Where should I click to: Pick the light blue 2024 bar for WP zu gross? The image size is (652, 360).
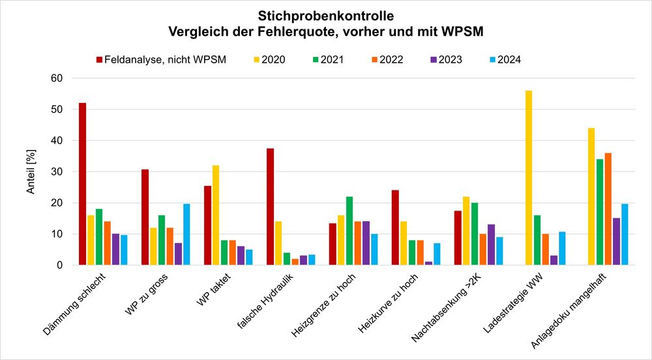tap(186, 235)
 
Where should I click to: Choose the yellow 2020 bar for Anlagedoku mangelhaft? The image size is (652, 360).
tap(591, 196)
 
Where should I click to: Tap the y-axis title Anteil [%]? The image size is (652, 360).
tap(30, 173)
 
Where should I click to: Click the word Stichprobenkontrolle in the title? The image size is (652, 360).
tap(326, 14)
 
